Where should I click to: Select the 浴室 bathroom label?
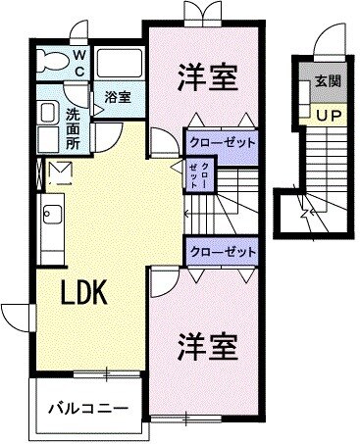point(119,97)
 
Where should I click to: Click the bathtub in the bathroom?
point(119,66)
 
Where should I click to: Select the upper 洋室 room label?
point(207,77)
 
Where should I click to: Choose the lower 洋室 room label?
point(208,346)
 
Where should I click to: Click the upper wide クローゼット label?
point(222,142)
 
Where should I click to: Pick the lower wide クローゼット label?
point(222,251)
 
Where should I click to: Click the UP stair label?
point(324,116)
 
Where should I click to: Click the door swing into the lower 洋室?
point(163,286)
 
